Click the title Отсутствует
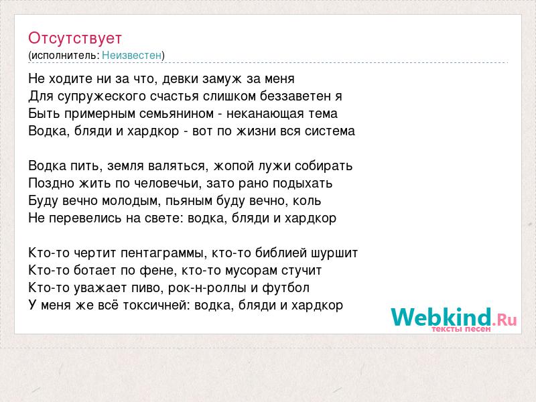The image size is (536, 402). tap(75, 38)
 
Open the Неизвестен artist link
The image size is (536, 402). tap(131, 55)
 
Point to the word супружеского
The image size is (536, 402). tap(102, 96)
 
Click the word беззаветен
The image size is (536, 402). tap(295, 96)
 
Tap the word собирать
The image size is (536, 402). tap(324, 165)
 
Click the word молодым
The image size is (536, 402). tap(131, 201)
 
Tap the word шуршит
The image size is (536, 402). tap(334, 253)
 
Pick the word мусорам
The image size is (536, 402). tap(251, 271)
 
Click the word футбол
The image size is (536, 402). tap(286, 288)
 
